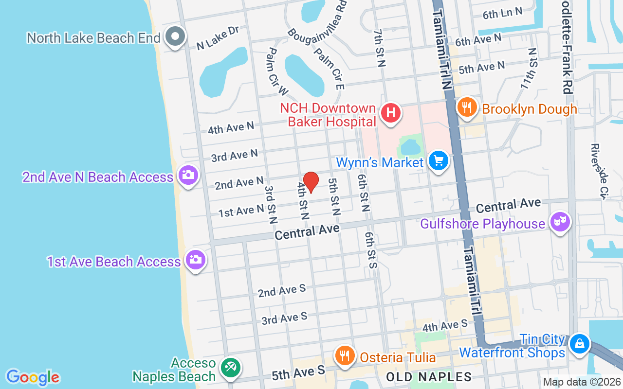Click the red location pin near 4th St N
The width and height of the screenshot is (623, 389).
[311, 182]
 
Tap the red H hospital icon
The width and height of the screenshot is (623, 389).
[390, 113]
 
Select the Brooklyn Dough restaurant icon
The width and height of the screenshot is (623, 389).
[467, 107]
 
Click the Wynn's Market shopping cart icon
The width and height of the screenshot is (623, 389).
[438, 160]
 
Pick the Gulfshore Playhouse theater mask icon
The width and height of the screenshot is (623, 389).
[560, 223]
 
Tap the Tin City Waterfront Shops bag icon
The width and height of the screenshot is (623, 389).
[579, 344]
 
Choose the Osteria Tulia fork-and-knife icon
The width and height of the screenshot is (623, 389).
[345, 356]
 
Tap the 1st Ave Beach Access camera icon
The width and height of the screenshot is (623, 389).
[196, 260]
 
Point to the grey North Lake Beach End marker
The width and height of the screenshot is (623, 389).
[174, 37]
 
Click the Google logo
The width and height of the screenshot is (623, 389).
[33, 377]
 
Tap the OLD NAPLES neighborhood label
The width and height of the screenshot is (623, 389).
[429, 377]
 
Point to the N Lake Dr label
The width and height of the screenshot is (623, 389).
[218, 38]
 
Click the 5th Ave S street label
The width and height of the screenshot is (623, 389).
[298, 372]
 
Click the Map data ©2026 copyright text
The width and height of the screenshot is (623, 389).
[581, 382]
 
